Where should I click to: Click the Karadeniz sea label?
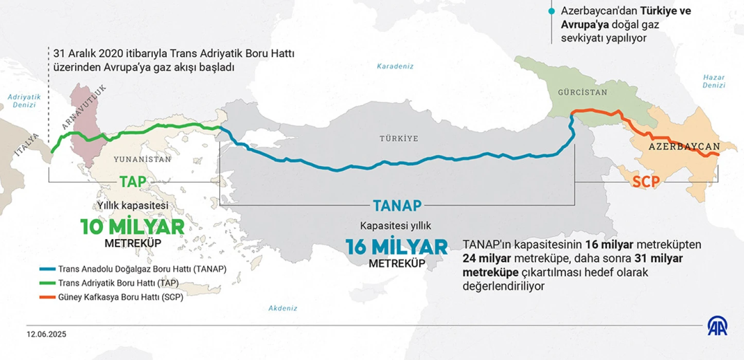(395, 66)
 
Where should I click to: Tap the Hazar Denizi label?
(714, 82)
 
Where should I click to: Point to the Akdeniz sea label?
(283, 308)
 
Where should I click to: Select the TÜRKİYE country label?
(399, 138)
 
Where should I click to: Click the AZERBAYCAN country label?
(684, 147)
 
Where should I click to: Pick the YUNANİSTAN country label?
(142, 159)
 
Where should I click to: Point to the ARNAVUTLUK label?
(84, 107)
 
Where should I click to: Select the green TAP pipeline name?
(133, 182)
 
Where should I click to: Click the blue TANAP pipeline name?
(397, 206)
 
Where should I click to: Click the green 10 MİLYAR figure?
(132, 226)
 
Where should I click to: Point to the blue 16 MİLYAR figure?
(397, 247)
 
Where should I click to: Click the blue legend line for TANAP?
(47, 269)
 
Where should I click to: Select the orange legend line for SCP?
(47, 297)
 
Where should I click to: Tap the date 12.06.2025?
(47, 334)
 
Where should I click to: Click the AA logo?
(717, 326)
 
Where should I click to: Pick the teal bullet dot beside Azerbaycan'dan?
(552, 11)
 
